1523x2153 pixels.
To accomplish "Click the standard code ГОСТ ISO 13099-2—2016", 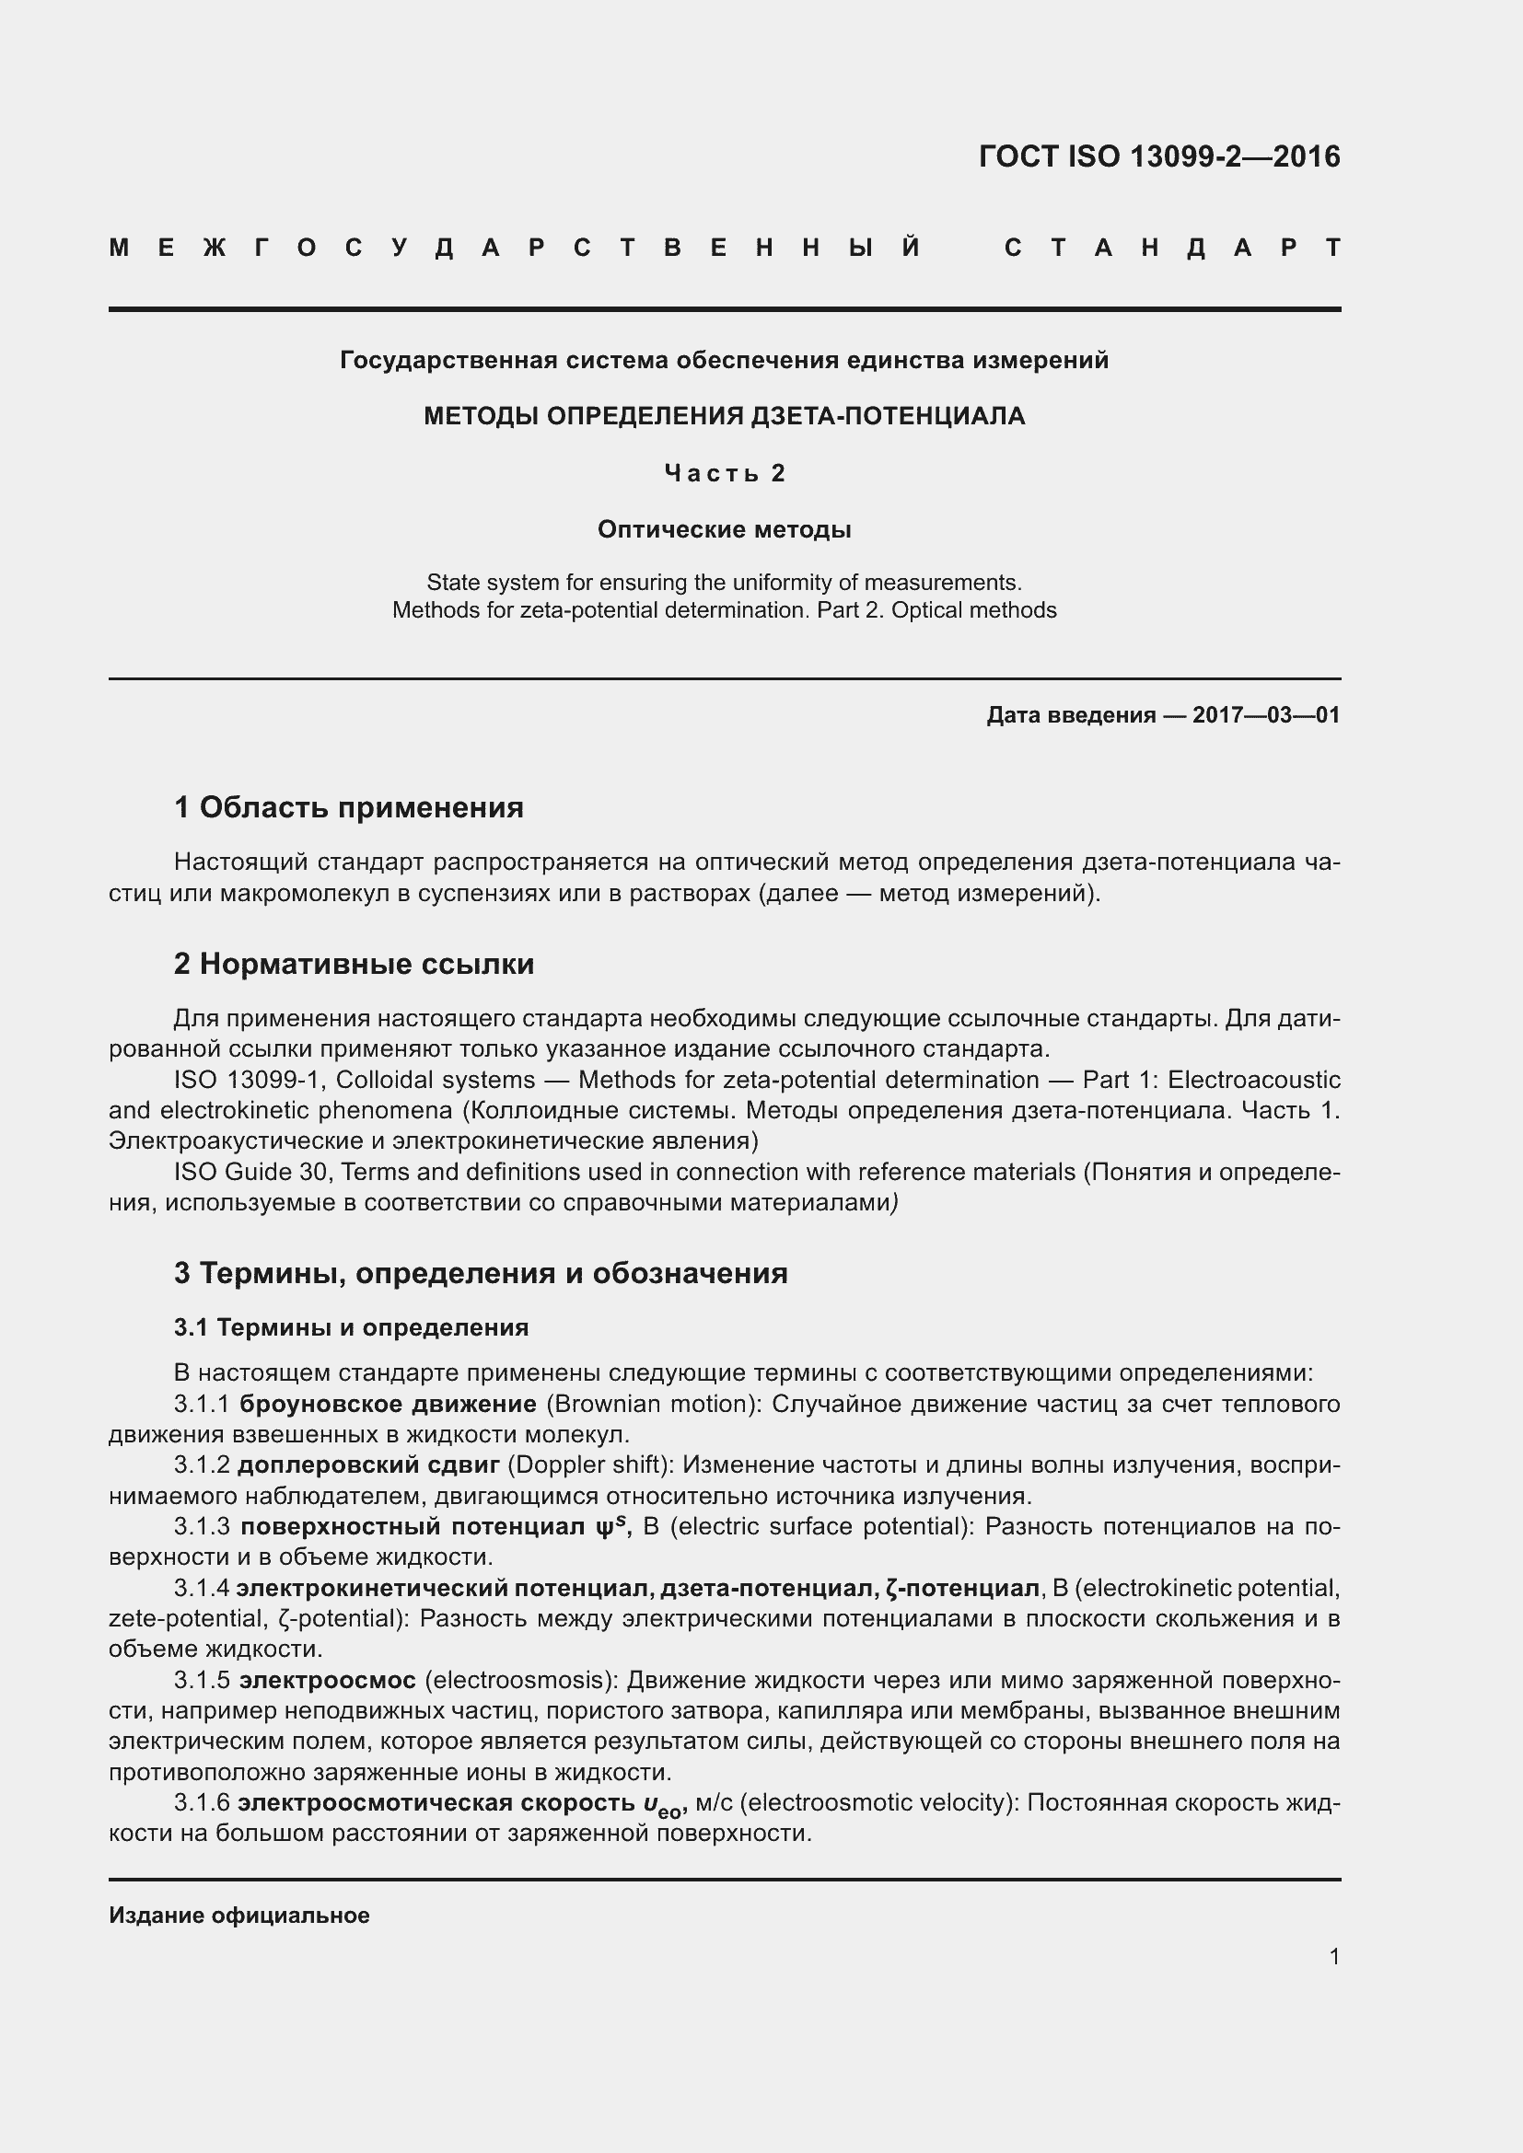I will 1158,156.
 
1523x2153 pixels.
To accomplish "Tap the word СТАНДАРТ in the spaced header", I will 1172,249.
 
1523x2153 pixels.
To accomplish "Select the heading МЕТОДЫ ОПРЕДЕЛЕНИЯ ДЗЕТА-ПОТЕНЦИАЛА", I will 724,416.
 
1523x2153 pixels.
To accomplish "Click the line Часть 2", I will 724,473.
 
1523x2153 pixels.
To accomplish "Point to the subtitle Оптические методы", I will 724,530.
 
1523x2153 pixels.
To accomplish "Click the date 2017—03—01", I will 1266,715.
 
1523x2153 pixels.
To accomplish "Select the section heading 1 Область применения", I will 348,807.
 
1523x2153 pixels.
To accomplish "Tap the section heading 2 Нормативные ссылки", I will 354,964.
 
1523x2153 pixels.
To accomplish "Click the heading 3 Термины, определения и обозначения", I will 480,1273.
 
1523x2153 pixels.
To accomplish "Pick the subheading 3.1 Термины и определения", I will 351,1328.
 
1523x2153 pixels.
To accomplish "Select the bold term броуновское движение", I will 388,1404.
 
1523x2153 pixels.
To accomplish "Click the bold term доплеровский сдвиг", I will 367,1465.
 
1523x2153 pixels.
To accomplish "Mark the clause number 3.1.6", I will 201,1803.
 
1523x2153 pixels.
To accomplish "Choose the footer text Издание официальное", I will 239,1916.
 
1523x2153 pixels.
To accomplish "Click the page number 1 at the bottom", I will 1333,1957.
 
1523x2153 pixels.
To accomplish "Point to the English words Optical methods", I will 973,610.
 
